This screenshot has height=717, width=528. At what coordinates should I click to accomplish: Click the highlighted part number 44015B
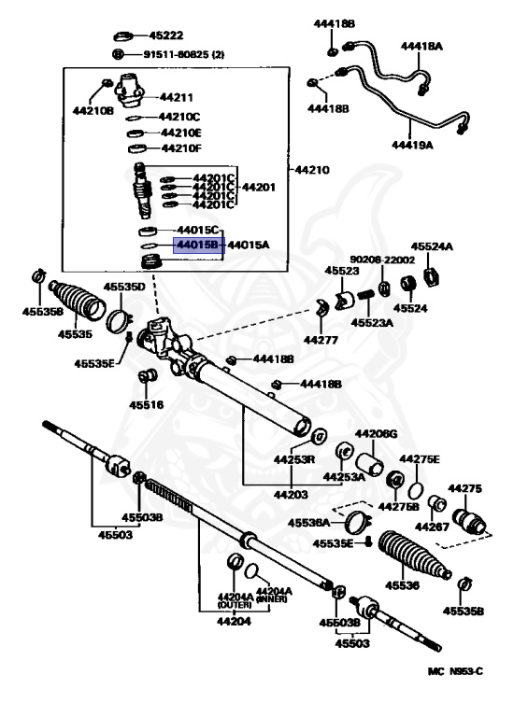(197, 246)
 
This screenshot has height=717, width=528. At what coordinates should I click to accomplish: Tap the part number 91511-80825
(184, 54)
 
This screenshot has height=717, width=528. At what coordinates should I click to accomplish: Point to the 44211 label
(175, 96)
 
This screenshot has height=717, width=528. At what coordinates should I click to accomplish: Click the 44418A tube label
(421, 45)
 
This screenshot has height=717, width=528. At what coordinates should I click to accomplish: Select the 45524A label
(434, 247)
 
